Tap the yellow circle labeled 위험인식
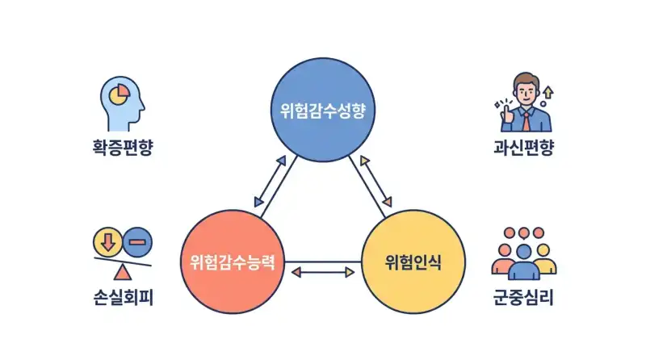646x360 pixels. point(413,261)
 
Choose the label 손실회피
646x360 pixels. point(122,299)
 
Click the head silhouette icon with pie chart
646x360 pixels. point(122,103)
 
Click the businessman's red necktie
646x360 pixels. point(526,123)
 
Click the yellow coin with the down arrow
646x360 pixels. point(107,241)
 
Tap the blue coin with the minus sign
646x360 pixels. point(138,241)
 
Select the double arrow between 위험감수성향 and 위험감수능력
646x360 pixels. point(271,181)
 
